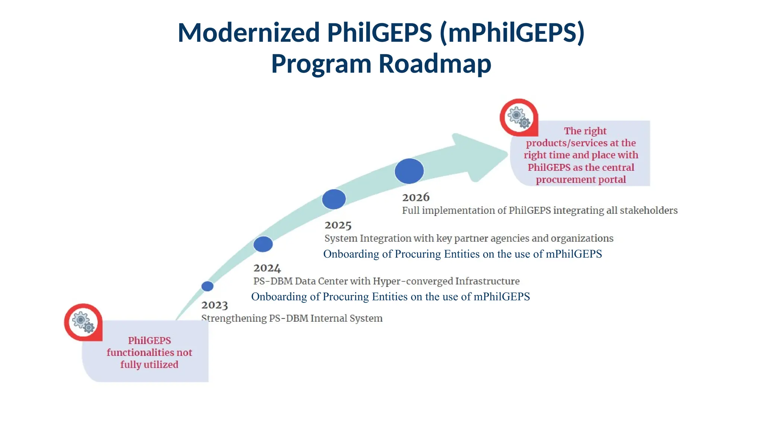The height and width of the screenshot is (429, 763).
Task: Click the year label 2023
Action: click(x=214, y=305)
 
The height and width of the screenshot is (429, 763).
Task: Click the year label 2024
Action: click(x=267, y=268)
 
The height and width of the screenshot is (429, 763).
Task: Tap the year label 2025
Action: click(x=338, y=225)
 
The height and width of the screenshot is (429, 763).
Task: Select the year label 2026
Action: click(x=416, y=197)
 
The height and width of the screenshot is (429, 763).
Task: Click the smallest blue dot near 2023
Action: click(x=208, y=286)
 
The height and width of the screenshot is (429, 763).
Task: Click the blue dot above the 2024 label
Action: click(x=263, y=244)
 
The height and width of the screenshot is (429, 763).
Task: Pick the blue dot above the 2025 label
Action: click(x=334, y=199)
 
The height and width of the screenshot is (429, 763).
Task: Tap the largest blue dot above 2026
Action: click(x=409, y=171)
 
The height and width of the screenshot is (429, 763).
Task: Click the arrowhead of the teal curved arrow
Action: click(x=481, y=156)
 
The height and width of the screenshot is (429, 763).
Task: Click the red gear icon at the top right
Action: click(x=519, y=117)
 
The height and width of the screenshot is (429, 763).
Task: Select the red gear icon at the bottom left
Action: click(x=83, y=322)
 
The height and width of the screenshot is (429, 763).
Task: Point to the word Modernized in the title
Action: click(x=248, y=32)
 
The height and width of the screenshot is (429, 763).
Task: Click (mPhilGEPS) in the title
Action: click(x=512, y=32)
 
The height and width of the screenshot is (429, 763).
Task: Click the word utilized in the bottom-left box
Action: click(x=161, y=365)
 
